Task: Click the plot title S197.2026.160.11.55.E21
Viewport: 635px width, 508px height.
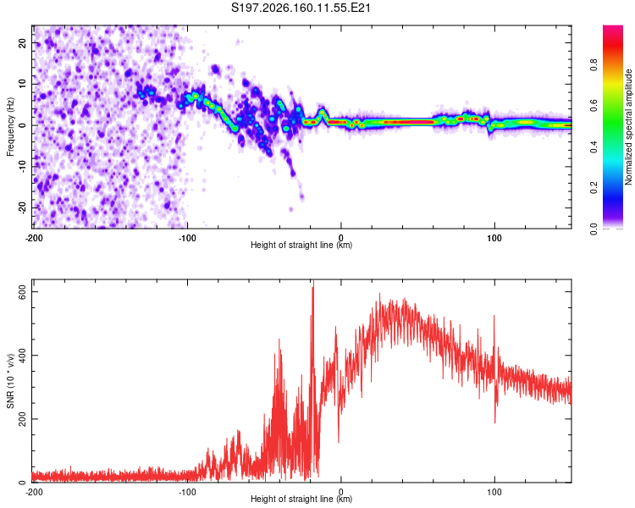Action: (x=301, y=8)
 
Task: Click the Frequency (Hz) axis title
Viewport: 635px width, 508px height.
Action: (x=10, y=127)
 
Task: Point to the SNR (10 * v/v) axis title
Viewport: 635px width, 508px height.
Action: (x=10, y=381)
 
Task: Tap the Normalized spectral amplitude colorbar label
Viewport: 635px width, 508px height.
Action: (x=628, y=127)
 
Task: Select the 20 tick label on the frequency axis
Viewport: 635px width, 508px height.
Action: (x=22, y=42)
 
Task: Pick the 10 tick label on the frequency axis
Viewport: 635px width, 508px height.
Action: (x=22, y=84)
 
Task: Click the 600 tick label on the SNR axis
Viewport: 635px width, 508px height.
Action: (x=22, y=291)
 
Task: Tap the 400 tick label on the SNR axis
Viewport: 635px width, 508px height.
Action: (x=22, y=356)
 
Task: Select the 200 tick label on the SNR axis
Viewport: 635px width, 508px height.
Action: (x=22, y=419)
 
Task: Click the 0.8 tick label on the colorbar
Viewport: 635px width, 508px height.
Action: (x=594, y=65)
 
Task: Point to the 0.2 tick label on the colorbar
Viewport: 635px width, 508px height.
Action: (x=594, y=188)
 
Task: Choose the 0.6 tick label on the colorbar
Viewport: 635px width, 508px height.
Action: (x=594, y=106)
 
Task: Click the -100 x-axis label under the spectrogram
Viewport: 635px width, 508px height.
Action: (x=187, y=238)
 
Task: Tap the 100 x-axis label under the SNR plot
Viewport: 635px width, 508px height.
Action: (x=494, y=492)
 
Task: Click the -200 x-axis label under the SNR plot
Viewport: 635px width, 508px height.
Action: (x=34, y=492)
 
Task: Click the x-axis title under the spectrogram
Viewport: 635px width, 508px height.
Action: (x=301, y=245)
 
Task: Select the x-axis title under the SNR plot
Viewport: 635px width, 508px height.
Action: (x=301, y=499)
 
